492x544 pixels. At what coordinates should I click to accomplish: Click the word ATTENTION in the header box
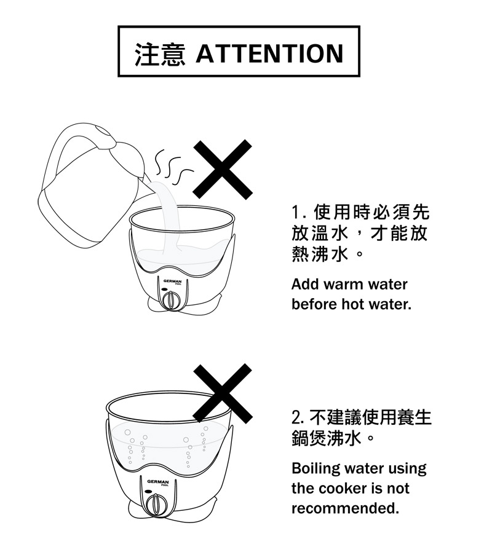point(270,53)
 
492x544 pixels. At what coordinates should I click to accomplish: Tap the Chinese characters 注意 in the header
point(160,54)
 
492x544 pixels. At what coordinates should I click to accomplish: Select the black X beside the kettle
point(223,169)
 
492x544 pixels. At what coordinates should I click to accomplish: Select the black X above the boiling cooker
point(223,393)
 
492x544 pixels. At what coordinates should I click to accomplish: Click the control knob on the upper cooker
point(170,299)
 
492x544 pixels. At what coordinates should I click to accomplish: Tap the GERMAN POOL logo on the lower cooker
point(158,483)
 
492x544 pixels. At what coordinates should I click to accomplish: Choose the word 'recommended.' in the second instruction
point(345,508)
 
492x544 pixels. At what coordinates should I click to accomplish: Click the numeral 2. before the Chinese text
point(299,417)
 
